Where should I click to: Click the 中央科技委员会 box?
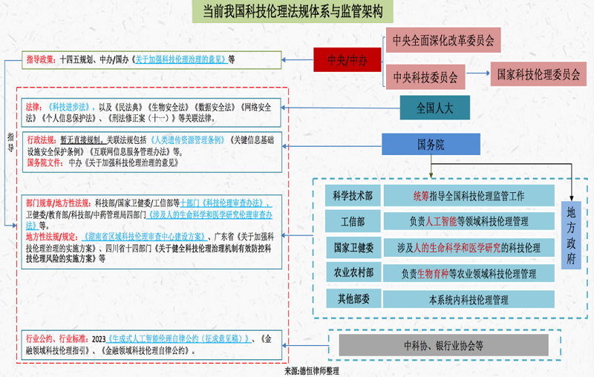pos(425,76)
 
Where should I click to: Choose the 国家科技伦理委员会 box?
pos(538,74)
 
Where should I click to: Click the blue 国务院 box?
pos(431,145)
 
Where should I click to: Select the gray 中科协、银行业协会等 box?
pos(443,345)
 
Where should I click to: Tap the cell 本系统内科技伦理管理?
pos(469,300)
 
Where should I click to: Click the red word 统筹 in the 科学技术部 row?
pos(422,196)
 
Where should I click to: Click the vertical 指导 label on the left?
pos(10,142)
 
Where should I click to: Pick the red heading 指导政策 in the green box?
pos(42,59)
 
